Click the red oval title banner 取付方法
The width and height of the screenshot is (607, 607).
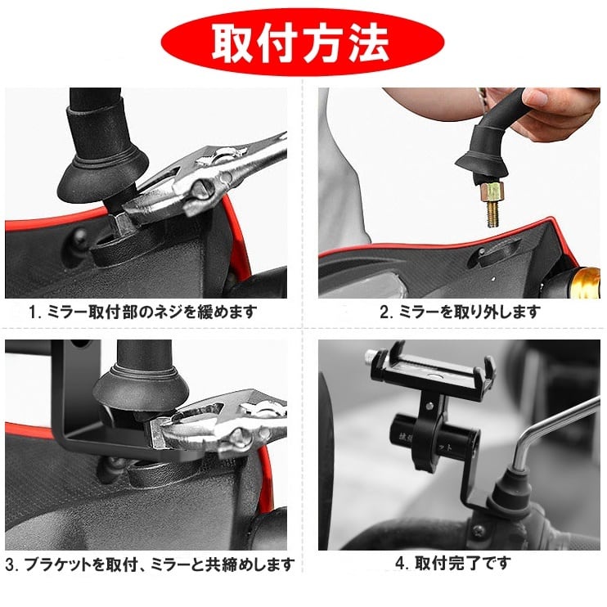[303, 42]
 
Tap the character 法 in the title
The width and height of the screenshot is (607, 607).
[368, 43]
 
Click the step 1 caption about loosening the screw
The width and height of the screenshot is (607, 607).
[143, 312]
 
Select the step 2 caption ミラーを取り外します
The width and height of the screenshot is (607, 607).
[460, 312]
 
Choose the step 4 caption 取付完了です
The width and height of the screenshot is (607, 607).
[453, 564]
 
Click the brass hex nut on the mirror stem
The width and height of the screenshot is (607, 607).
[492, 192]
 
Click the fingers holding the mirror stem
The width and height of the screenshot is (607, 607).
[557, 112]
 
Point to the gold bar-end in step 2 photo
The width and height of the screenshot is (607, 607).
[587, 283]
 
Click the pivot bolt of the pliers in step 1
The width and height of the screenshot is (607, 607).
[201, 187]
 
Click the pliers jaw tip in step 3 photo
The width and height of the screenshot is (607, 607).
[155, 433]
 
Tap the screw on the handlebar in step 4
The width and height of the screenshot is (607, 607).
[479, 529]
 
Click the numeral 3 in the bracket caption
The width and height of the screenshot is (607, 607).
[11, 564]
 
